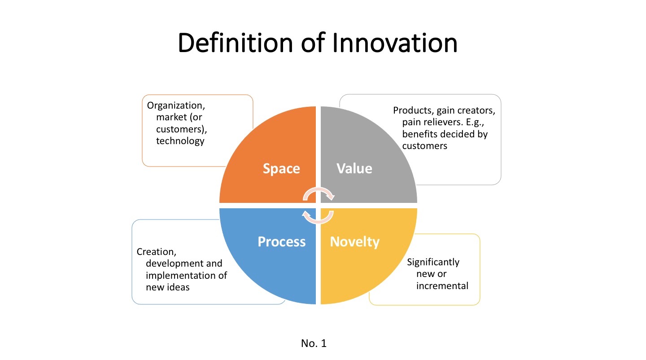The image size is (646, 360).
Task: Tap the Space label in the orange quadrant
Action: pos(281,169)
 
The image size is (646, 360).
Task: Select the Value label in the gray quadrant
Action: pos(354,168)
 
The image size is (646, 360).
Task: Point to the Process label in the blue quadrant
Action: pos(282,242)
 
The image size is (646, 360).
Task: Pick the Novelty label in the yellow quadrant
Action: pos(355,242)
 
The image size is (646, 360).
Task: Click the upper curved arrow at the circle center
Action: pos(319,194)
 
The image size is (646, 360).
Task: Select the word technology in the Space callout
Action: pos(180,141)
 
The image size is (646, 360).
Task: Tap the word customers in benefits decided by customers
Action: pos(425,145)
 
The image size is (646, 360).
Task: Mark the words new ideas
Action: pos(168,287)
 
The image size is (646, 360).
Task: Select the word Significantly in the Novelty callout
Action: pos(433,262)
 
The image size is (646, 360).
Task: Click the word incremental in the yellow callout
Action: pos(442,285)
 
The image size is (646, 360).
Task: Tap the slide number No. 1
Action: pos(314,344)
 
